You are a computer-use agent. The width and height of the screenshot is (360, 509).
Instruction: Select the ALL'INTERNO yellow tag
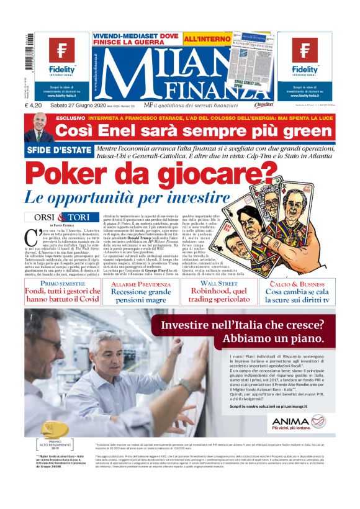(x=204, y=38)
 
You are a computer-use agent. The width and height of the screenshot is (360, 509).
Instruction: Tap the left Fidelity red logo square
(x=62, y=52)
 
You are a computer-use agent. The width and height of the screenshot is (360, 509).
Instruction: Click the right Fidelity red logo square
(x=304, y=52)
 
